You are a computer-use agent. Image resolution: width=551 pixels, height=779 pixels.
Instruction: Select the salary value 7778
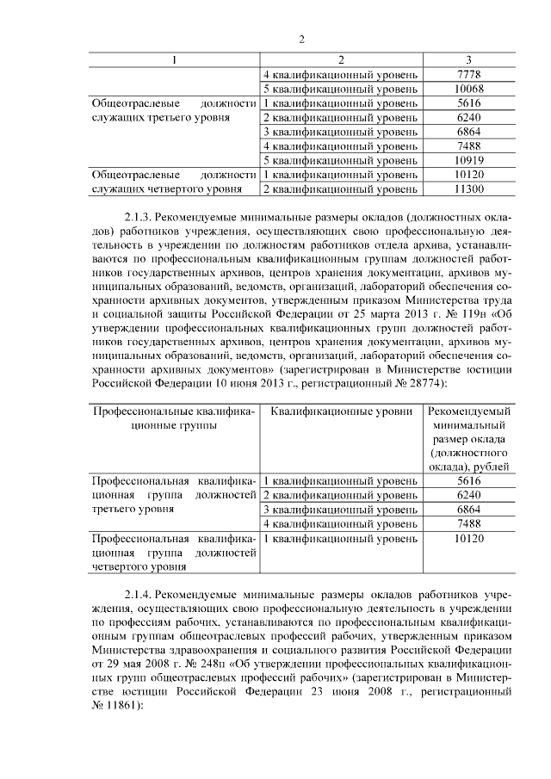click(469, 75)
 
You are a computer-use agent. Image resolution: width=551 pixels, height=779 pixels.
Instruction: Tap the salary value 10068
click(469, 89)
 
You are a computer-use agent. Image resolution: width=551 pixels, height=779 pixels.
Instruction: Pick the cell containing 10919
click(469, 160)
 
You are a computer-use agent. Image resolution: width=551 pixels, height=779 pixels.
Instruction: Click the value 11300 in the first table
click(469, 189)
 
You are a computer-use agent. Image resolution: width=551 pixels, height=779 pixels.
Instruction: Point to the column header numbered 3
click(468, 59)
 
